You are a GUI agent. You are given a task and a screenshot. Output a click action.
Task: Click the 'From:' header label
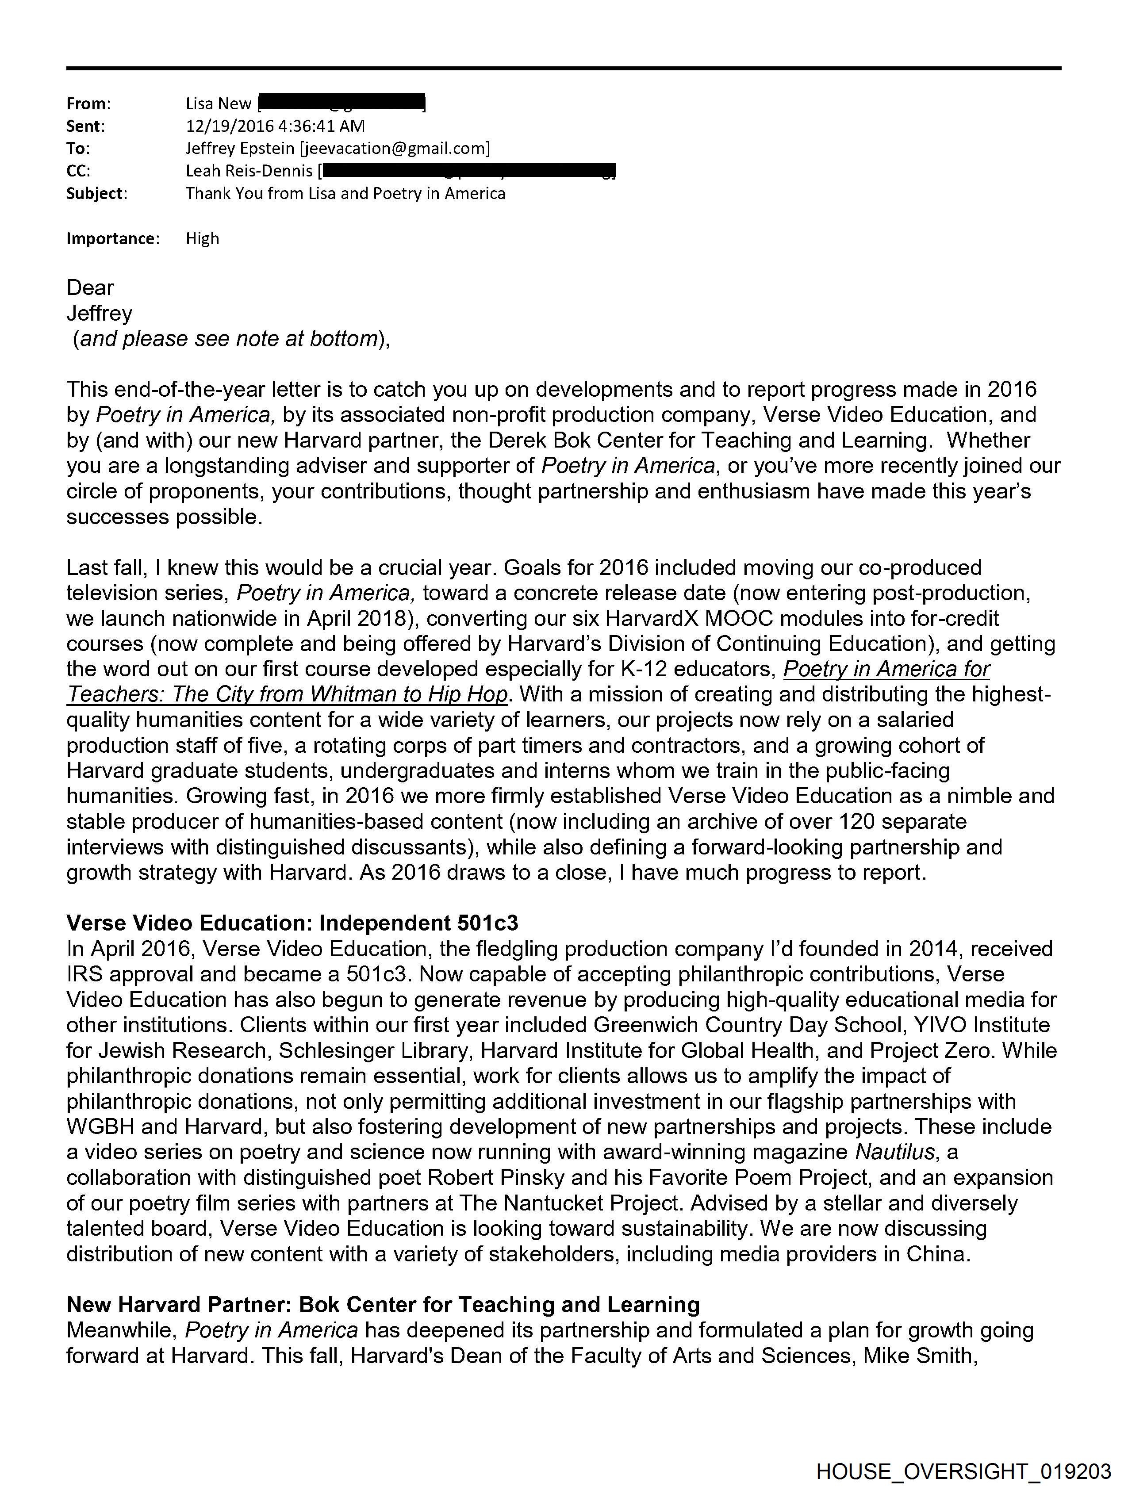[x=88, y=104]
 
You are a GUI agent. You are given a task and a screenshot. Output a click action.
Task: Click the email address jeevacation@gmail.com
[x=394, y=148]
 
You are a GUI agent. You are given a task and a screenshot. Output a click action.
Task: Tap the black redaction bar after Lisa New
[x=341, y=103]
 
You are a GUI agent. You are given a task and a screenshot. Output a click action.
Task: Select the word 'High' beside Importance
[x=202, y=238]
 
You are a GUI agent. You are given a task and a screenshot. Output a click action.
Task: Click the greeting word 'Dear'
[x=90, y=287]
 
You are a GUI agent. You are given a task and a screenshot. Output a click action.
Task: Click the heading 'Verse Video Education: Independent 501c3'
[x=292, y=923]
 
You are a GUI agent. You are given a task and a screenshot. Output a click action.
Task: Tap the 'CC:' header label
[x=78, y=171]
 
